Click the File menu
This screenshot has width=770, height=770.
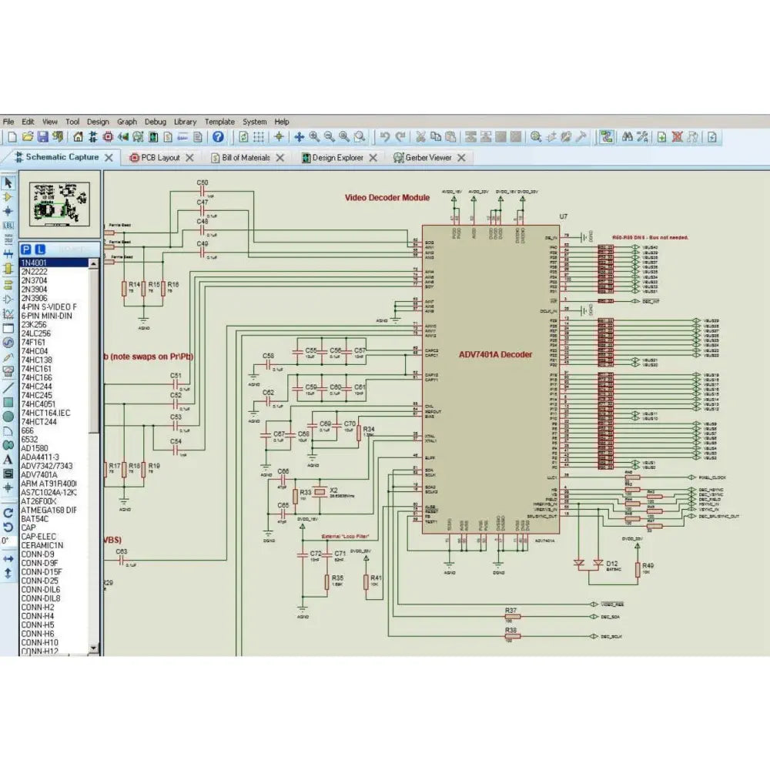pyautogui.click(x=8, y=122)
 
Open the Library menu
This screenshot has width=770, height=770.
pyautogui.click(x=185, y=122)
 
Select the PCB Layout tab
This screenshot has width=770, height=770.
pyautogui.click(x=159, y=157)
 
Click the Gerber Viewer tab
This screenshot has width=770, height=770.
pyautogui.click(x=428, y=157)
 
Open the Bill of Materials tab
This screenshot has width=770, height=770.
pyautogui.click(x=246, y=157)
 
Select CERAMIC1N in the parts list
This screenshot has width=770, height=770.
pyautogui.click(x=42, y=545)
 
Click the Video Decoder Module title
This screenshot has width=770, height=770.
pyautogui.click(x=387, y=198)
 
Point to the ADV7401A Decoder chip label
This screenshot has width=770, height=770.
pyautogui.click(x=495, y=355)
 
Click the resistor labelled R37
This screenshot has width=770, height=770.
pyautogui.click(x=512, y=616)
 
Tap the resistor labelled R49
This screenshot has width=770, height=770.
pyautogui.click(x=638, y=569)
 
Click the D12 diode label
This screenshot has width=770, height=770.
pyautogui.click(x=612, y=564)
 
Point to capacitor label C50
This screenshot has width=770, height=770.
pyautogui.click(x=203, y=182)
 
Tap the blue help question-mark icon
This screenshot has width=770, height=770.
pyautogui.click(x=218, y=137)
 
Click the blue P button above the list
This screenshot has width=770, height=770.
pyautogui.click(x=26, y=249)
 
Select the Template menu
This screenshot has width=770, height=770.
pyautogui.click(x=219, y=122)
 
